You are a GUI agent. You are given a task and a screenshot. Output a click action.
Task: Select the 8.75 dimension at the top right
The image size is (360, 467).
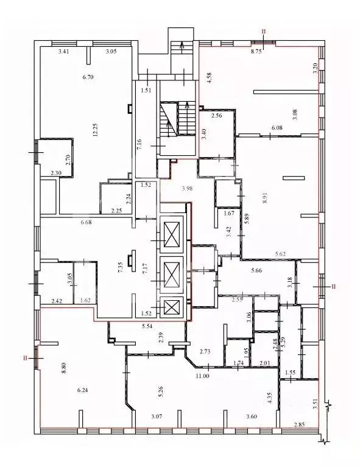coord(256,52)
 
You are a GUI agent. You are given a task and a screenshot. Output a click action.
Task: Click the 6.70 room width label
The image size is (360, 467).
coord(88,77)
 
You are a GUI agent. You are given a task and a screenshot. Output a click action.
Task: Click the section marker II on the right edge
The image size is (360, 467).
coord(332,285)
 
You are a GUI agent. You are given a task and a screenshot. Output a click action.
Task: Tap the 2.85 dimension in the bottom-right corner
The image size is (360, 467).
coord(299,424)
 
